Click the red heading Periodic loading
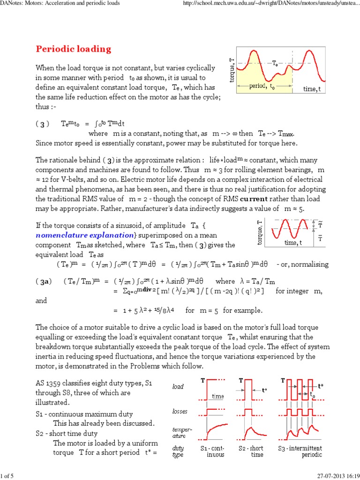pos(74,49)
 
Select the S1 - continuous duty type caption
pos(215,451)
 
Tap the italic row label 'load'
pos(178,387)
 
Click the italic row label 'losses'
pos(180,411)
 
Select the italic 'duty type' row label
pos(179,451)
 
